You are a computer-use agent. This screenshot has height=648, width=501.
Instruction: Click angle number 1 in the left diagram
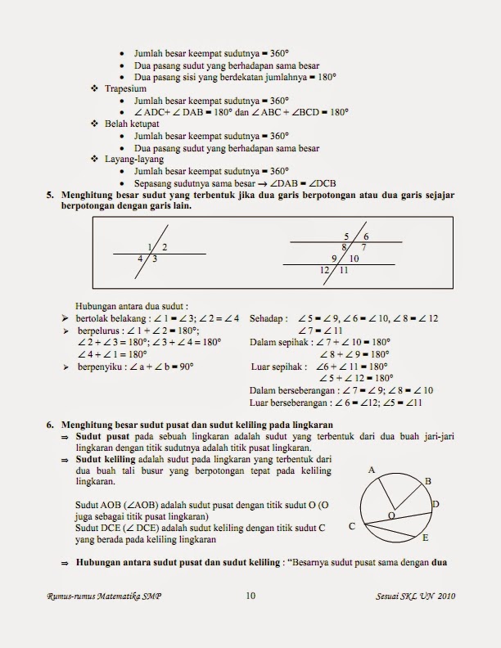(x=150, y=246)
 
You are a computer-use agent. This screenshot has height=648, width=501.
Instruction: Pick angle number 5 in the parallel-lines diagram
(x=346, y=236)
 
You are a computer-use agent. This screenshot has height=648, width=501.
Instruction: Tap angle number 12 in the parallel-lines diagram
(x=325, y=270)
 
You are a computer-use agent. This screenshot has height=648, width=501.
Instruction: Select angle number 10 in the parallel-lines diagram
(x=354, y=258)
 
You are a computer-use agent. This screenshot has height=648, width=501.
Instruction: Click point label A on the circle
(x=372, y=470)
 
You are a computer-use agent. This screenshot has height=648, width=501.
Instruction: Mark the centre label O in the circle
(x=390, y=515)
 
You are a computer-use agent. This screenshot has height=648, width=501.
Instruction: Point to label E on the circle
(x=426, y=539)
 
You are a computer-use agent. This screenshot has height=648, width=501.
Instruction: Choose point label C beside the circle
(x=351, y=527)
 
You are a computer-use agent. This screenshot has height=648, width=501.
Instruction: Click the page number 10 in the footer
(x=250, y=596)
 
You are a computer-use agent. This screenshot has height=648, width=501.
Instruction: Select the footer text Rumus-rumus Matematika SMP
(x=104, y=597)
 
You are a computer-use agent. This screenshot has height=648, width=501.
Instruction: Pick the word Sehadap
(x=267, y=317)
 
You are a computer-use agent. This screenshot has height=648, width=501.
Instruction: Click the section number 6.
(x=49, y=425)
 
